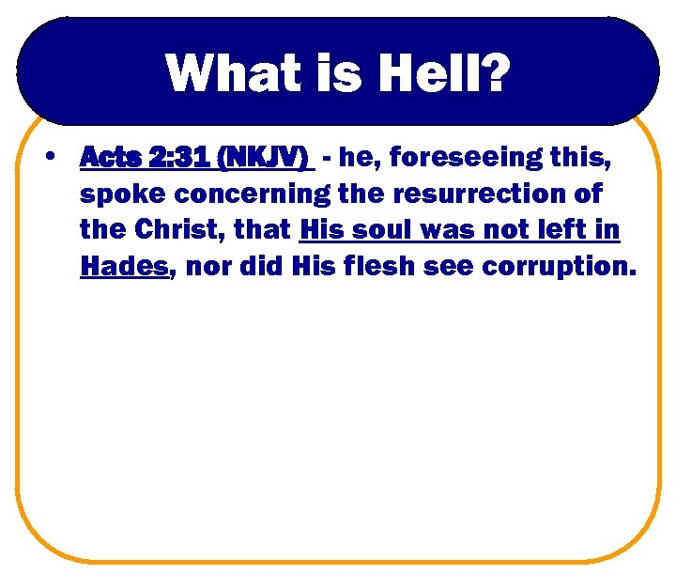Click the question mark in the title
tap(495, 72)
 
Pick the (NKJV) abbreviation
tap(264, 160)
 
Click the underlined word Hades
tap(124, 267)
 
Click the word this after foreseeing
tap(580, 160)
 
